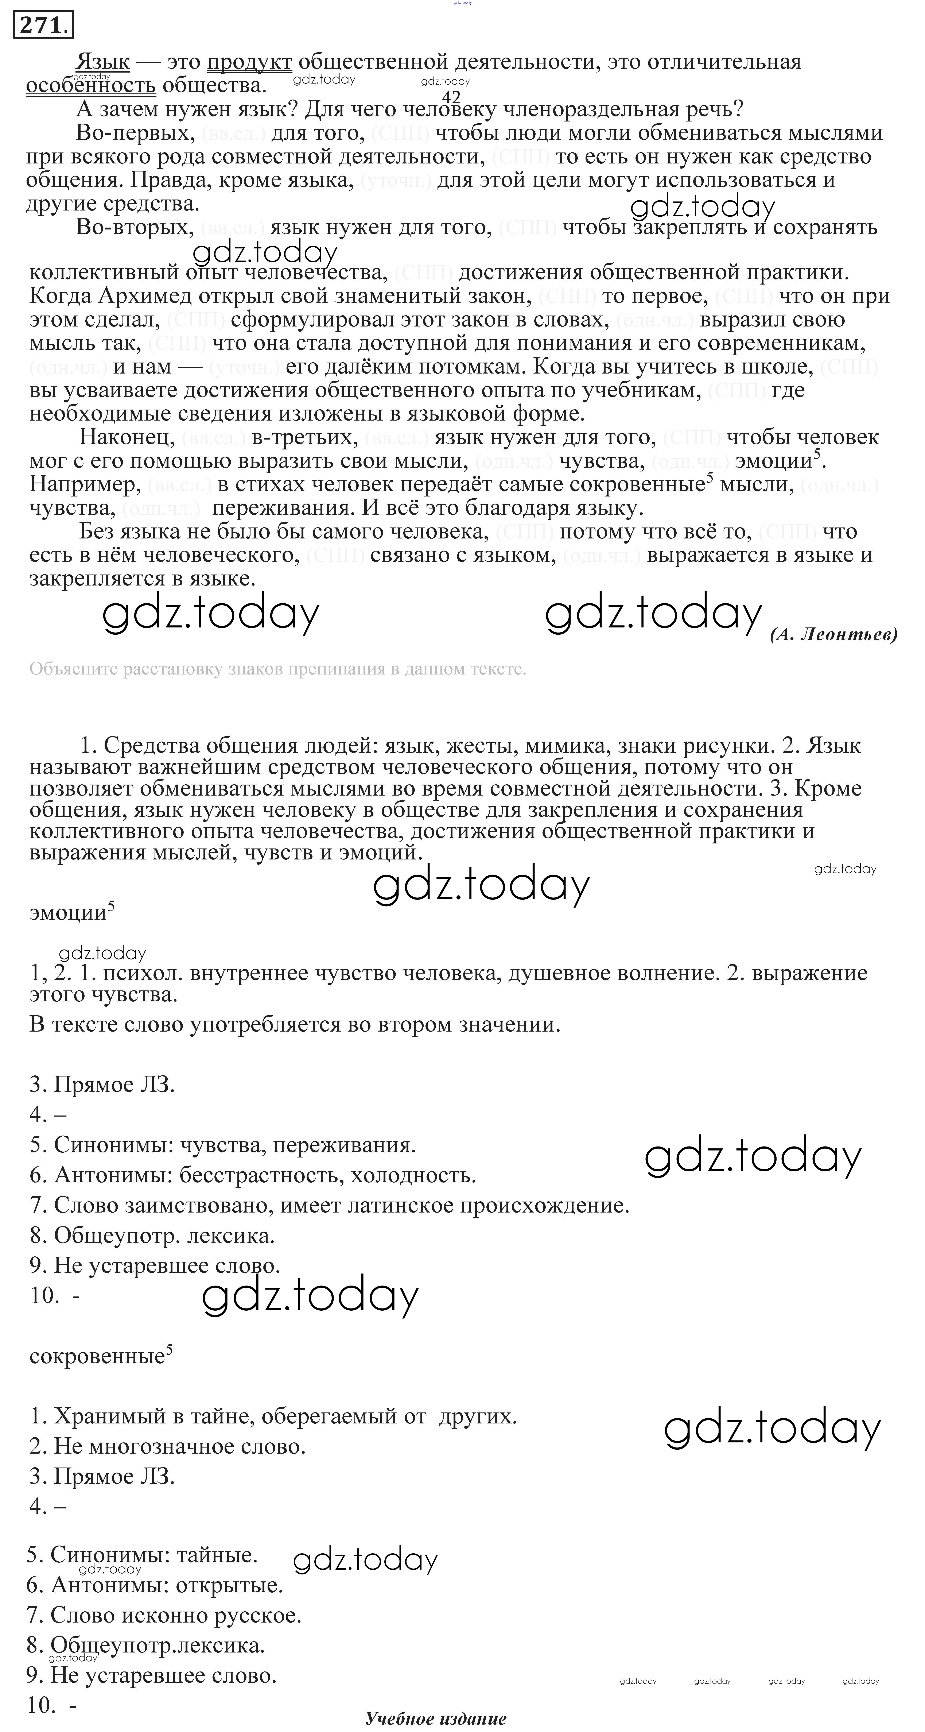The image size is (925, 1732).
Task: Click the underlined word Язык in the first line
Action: [103, 62]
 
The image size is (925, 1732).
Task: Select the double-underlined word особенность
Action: [91, 85]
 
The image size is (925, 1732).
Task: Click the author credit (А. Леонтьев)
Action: [833, 634]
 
